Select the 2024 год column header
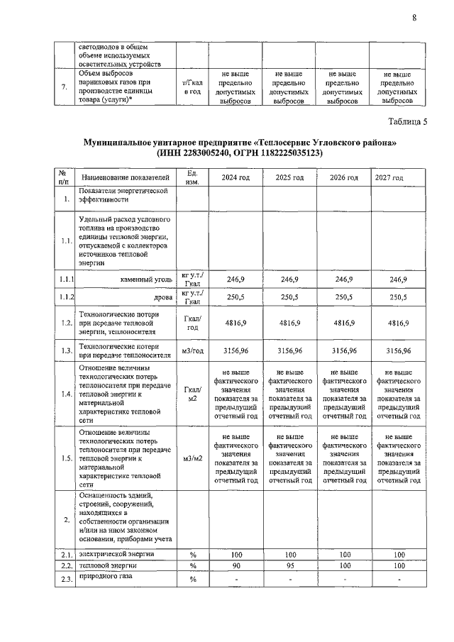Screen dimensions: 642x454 235,177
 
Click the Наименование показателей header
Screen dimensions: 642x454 126,177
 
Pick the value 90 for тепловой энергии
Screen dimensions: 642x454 235,566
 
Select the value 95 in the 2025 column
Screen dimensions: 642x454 289,566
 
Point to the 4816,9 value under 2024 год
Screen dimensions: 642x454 235,323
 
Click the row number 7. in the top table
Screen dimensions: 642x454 66,87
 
